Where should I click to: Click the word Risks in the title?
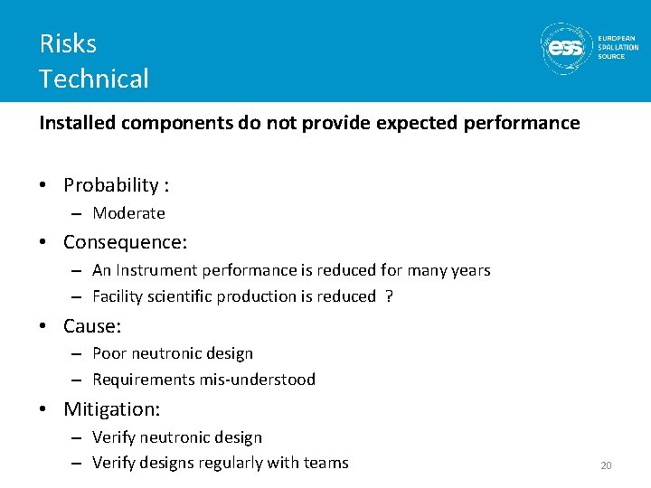68,43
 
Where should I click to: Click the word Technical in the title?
94,79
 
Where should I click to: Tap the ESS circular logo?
566,47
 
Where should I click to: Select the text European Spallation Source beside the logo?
618,47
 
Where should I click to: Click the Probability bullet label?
111,185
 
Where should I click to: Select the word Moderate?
128,213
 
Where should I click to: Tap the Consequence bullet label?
125,242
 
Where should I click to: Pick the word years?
470,270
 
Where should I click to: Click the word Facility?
118,296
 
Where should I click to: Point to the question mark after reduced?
389,296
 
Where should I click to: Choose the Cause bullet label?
91,325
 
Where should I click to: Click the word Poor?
109,353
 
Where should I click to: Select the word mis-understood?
260,380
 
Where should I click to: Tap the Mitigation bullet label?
111,409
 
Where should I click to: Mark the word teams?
326,463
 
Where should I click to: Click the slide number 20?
606,465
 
